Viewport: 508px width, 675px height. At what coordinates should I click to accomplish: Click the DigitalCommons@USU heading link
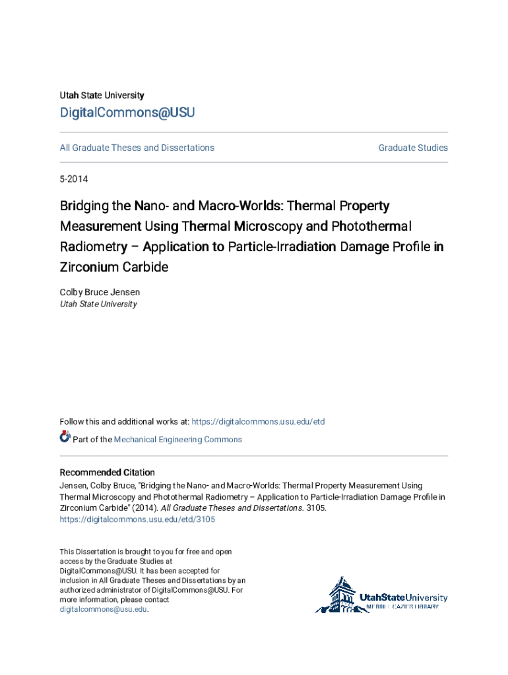(x=127, y=113)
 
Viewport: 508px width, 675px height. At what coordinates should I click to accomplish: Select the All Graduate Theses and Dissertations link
(x=137, y=148)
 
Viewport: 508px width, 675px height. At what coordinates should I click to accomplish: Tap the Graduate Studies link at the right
(x=413, y=148)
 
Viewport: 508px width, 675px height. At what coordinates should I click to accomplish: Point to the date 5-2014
(x=74, y=179)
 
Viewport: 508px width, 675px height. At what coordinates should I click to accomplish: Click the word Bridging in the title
(x=85, y=206)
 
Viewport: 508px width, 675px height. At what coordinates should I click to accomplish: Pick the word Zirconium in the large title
(x=86, y=267)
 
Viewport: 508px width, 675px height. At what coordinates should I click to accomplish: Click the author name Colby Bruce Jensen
(x=100, y=292)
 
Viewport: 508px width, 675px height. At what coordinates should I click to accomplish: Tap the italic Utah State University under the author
(x=98, y=304)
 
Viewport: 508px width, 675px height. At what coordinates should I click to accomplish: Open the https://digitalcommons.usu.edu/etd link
(x=259, y=422)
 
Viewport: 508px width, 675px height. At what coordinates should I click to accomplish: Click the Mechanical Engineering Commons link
(x=177, y=440)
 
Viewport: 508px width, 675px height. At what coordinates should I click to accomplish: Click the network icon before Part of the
(x=65, y=437)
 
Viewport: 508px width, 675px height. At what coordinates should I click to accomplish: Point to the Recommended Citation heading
(x=108, y=473)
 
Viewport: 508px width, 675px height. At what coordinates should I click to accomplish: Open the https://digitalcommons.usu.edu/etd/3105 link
(x=137, y=519)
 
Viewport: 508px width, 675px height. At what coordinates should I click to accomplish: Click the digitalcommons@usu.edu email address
(x=104, y=610)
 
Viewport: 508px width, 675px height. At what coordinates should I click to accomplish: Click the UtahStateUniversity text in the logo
(x=403, y=598)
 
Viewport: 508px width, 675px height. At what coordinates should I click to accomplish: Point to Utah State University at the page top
(x=102, y=96)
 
